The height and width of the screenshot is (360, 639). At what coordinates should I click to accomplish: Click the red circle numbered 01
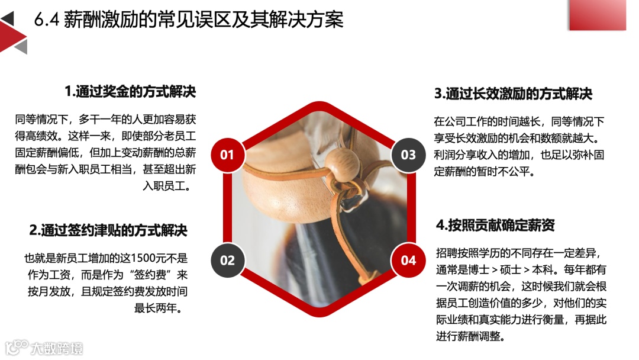click(227, 155)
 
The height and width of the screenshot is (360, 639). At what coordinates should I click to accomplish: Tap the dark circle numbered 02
click(227, 260)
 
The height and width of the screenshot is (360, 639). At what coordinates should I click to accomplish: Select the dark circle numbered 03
click(408, 155)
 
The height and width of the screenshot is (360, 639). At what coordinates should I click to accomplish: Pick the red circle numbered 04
click(408, 260)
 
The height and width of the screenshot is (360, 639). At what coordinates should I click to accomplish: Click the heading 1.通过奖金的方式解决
click(130, 91)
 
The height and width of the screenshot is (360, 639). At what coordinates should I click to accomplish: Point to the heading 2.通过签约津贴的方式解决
click(108, 230)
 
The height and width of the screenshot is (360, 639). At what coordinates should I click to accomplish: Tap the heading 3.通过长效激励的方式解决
click(513, 94)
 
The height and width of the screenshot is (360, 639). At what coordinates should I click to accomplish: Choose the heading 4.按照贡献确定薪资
click(495, 224)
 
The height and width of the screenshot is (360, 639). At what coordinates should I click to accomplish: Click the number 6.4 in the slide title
click(47, 20)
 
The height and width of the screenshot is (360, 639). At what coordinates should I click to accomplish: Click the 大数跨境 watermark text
click(57, 349)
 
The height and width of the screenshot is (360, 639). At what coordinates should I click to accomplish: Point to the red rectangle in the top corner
click(598, 15)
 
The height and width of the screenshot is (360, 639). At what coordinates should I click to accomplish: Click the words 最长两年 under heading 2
click(155, 308)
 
